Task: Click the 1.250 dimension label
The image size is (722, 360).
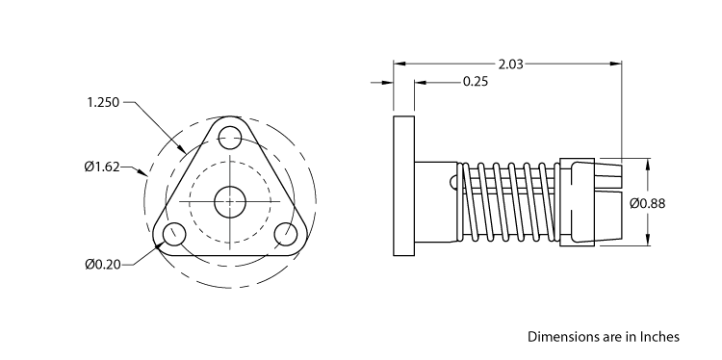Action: [103, 102]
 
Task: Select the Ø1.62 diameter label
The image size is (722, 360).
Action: [101, 167]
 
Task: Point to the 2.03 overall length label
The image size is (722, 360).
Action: [510, 64]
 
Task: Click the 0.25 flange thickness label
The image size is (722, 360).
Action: [475, 82]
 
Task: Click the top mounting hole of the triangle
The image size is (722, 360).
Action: [229, 137]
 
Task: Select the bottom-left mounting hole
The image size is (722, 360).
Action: [174, 234]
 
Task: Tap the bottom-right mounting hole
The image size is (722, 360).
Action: [285, 234]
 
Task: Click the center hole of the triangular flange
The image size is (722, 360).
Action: [229, 202]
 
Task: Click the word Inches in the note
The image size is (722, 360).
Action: [658, 337]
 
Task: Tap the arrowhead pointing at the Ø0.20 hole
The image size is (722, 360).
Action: [158, 244]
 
